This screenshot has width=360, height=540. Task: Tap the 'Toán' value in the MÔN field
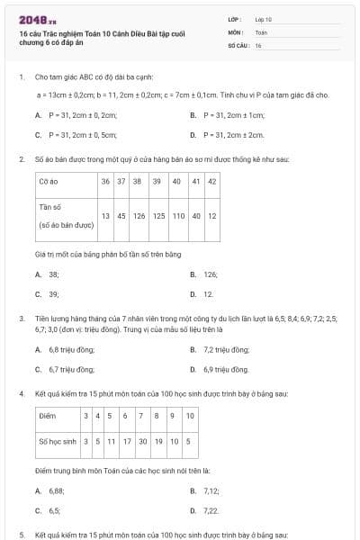(261, 31)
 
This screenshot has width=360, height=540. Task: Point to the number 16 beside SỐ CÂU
(258, 45)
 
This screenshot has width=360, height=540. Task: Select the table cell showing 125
(158, 216)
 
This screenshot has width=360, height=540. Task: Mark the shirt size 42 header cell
(212, 181)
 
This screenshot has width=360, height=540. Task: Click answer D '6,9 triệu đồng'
(225, 369)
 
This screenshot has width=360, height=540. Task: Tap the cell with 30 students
(142, 441)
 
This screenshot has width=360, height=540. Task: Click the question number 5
(22, 535)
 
